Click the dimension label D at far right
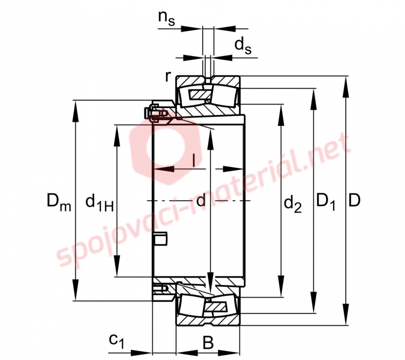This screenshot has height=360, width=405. point(354,200)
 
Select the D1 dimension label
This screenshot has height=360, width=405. point(326,201)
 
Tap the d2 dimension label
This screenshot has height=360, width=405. point(293,203)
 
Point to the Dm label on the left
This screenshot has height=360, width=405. point(59,202)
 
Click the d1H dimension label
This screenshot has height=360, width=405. point(99,203)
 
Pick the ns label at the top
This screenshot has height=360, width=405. point(167,18)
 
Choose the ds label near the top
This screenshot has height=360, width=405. point(243,46)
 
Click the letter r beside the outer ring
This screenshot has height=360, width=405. point(168,76)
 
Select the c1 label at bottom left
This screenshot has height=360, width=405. point(117,341)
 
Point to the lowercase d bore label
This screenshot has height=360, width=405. point(201,200)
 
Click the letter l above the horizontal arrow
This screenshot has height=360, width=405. point(193,160)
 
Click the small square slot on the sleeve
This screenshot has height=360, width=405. point(160,238)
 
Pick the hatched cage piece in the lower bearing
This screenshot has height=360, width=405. point(216,307)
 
